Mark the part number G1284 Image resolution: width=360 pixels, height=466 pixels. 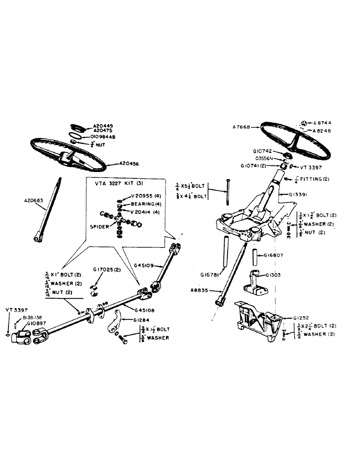[x=143, y=320]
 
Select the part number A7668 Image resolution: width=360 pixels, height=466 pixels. [x=242, y=127]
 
